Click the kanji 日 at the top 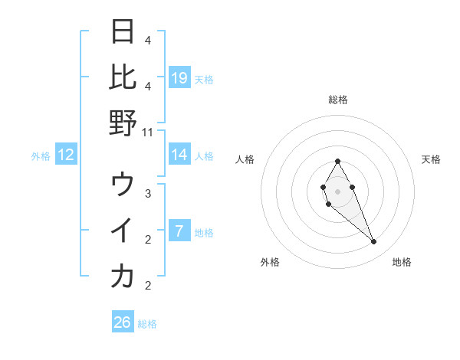pyautogui.click(x=123, y=32)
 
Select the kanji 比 pyautogui.click(x=123, y=77)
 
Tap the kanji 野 pyautogui.click(x=123, y=123)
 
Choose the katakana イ pyautogui.click(x=123, y=231)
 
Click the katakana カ pyautogui.click(x=123, y=277)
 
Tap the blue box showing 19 pyautogui.click(x=179, y=78)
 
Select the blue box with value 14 pyautogui.click(x=179, y=155)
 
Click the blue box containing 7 pyautogui.click(x=179, y=232)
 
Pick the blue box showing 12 pyautogui.click(x=66, y=155)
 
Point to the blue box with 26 pyautogui.click(x=123, y=322)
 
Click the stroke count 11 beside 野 pyautogui.click(x=148, y=132)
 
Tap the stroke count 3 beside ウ pyautogui.click(x=148, y=194)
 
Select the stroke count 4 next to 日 pyautogui.click(x=148, y=40)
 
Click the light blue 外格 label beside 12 pyautogui.click(x=41, y=156)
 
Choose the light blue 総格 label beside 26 pyautogui.click(x=147, y=324)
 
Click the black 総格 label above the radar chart pyautogui.click(x=337, y=100)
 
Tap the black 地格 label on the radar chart pyautogui.click(x=402, y=262)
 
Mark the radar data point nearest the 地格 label pyautogui.click(x=374, y=242)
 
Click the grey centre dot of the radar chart pyautogui.click(x=337, y=190)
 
